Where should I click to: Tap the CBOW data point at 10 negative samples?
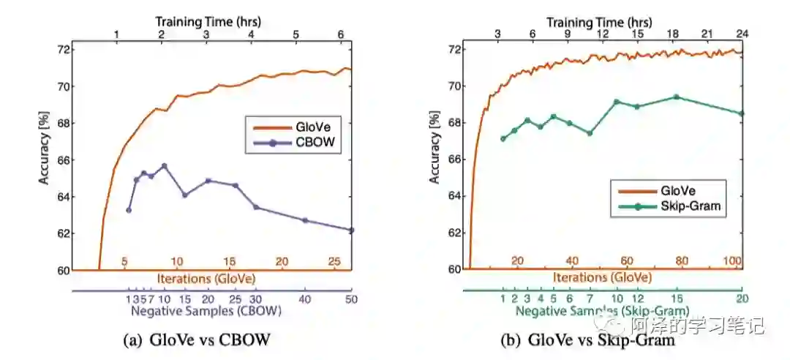164,166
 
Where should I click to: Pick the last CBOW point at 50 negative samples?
351,230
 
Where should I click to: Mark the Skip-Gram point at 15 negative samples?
676,97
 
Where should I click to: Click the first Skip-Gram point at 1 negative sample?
503,138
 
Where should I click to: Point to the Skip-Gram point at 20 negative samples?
742,113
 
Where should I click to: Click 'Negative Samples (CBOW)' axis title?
206,310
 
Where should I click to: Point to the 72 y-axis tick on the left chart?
64,50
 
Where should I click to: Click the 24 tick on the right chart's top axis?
741,34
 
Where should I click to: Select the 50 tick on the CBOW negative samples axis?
351,299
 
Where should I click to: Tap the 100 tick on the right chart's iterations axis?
732,261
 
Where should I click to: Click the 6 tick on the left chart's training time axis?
339,34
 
